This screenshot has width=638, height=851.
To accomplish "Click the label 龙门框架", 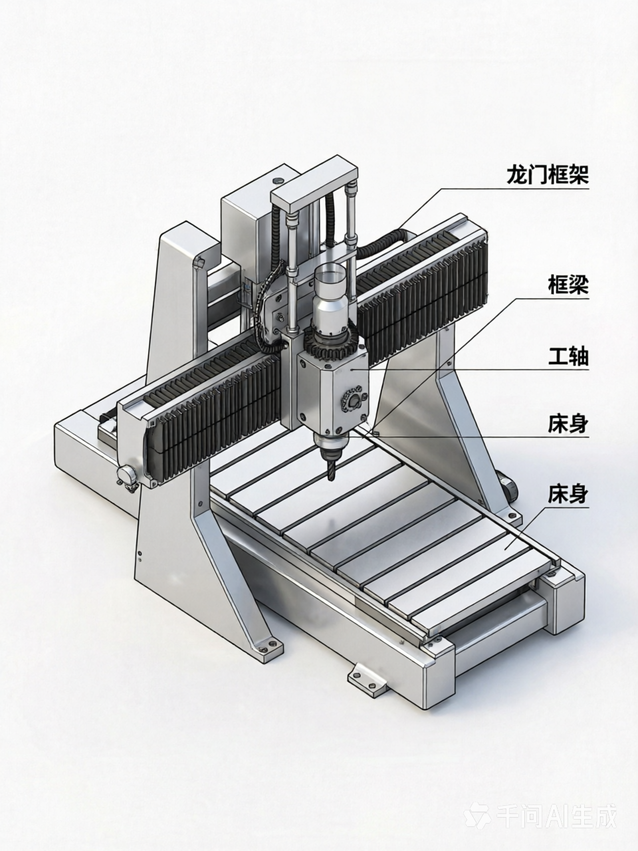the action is click(x=548, y=175).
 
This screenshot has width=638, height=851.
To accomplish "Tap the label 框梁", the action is click(x=568, y=285).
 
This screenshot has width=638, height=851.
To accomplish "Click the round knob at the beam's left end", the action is click(x=128, y=475).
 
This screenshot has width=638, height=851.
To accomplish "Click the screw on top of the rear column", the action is click(x=276, y=180).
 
